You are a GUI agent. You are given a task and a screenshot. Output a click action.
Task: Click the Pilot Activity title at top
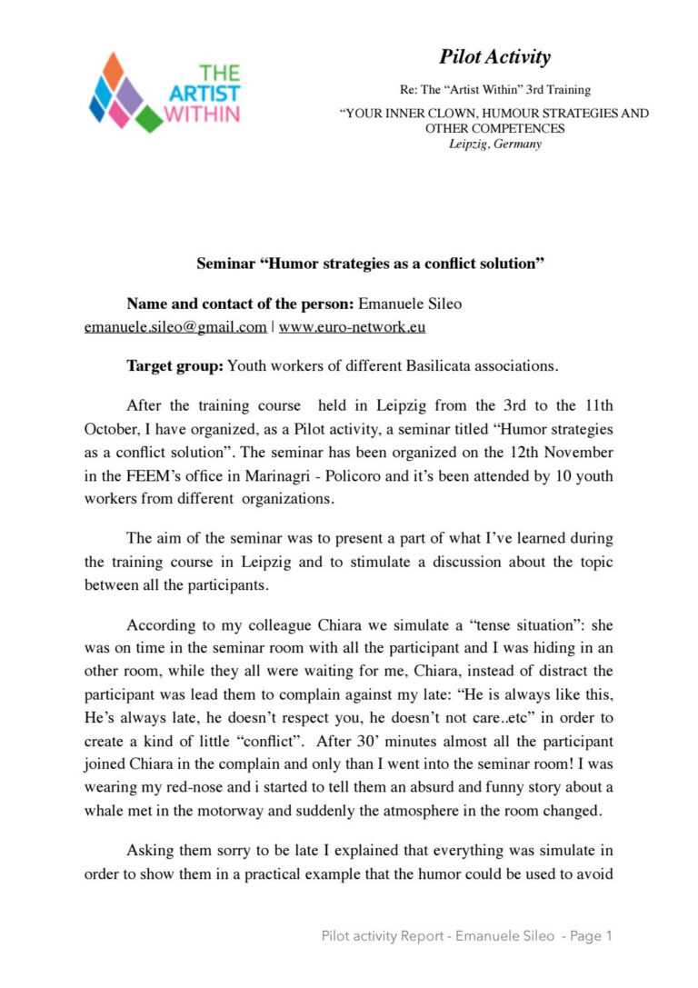pyautogui.click(x=494, y=57)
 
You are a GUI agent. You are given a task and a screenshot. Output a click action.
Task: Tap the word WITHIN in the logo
pyautogui.click(x=202, y=114)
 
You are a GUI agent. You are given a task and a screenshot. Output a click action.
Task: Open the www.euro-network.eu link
pyautogui.click(x=352, y=327)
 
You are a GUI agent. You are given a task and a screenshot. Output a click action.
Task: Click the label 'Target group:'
pyautogui.click(x=174, y=367)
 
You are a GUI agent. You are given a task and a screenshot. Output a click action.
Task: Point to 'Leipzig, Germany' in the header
pyautogui.click(x=494, y=144)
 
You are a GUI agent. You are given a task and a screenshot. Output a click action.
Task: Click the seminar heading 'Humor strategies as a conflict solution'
pyautogui.click(x=370, y=264)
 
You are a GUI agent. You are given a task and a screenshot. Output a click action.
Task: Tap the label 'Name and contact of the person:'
pyautogui.click(x=241, y=304)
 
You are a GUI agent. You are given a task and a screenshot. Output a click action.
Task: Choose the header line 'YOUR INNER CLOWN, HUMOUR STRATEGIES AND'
pyautogui.click(x=494, y=115)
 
